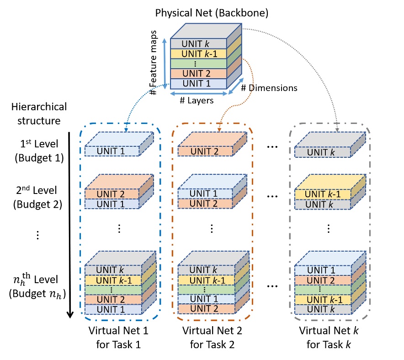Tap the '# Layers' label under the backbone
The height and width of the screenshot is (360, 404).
pyautogui.click(x=197, y=101)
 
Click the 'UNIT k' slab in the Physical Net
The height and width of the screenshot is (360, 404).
pyautogui.click(x=198, y=44)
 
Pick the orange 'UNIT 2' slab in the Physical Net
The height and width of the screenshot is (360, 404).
pyautogui.click(x=198, y=74)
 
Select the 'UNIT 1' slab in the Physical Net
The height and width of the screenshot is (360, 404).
pyautogui.click(x=198, y=83)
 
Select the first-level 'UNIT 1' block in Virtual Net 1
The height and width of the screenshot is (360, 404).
pyautogui.click(x=112, y=151)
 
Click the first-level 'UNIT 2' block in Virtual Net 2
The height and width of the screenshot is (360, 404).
pyautogui.click(x=204, y=151)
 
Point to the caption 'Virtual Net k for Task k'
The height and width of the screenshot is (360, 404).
pyautogui.click(x=326, y=336)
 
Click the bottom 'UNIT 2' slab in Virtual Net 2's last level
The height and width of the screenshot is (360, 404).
pyautogui.click(x=204, y=309)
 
